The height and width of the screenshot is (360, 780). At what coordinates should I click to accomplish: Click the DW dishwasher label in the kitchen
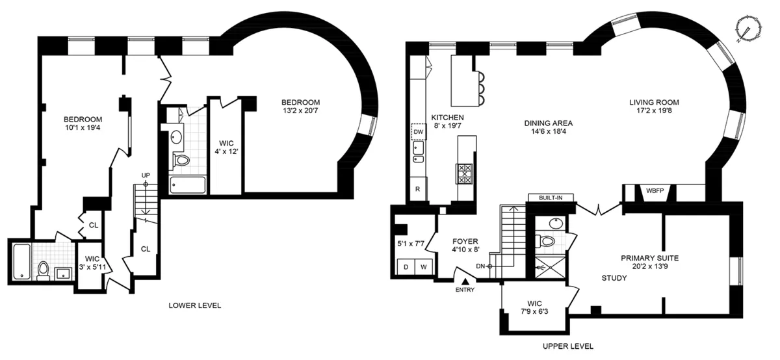tap(419, 132)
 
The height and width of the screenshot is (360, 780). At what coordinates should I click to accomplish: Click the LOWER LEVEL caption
tap(194, 305)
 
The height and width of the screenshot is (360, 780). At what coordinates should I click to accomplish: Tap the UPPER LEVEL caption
tap(567, 346)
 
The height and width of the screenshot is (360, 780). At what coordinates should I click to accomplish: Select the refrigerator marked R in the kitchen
tap(417, 189)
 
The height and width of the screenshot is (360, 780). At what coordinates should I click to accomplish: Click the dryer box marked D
tap(406, 266)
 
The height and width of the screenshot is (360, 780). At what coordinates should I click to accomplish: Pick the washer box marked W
tap(423, 266)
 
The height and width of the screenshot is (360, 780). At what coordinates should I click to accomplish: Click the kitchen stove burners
tap(465, 172)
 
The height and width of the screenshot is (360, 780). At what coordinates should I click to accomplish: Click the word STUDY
tap(614, 278)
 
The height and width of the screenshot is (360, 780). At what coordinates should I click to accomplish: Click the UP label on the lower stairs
tap(146, 176)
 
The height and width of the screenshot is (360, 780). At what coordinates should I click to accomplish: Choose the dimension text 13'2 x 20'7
tap(300, 112)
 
